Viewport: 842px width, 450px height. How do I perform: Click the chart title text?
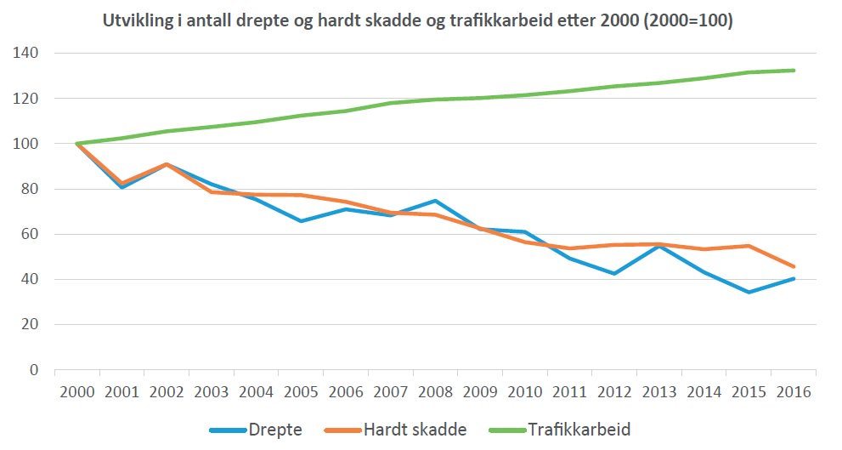(418, 20)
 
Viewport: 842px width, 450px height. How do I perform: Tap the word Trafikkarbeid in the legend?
(579, 430)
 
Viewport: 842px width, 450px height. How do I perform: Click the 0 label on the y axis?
(33, 370)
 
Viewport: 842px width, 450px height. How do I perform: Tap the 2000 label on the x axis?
(77, 393)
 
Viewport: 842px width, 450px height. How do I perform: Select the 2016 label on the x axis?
(794, 393)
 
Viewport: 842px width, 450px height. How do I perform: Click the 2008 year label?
(436, 393)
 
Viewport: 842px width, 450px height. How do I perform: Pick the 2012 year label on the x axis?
(614, 393)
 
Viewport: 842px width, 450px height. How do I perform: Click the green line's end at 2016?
(794, 71)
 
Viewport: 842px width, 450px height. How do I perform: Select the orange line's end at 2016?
(794, 266)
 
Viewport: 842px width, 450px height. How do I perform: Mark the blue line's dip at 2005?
(302, 221)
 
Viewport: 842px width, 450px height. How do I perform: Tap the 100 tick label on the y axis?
(26, 144)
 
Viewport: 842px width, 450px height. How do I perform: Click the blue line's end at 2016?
(794, 278)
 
